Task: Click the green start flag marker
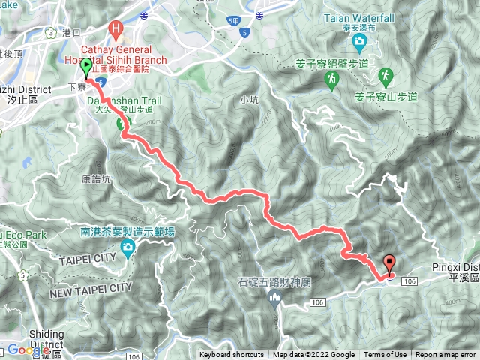coord(86,67)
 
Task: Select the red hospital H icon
coord(115,30)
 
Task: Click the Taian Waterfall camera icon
coord(361,40)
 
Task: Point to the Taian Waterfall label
coord(354,15)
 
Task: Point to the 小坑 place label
coord(249,98)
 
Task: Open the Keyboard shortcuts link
coord(231,355)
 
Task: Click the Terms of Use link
coord(385,355)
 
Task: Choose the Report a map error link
coord(447,355)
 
